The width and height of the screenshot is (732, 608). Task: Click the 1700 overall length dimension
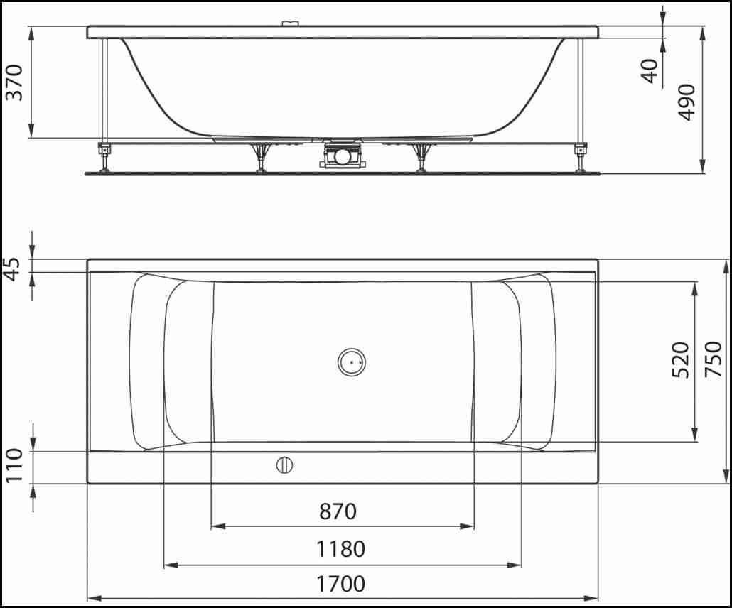click(x=342, y=584)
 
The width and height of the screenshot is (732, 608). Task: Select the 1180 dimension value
click(x=342, y=549)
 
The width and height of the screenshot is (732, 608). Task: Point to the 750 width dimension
click(x=713, y=359)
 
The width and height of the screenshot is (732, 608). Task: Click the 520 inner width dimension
click(x=680, y=359)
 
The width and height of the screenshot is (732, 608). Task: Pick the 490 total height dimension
click(x=687, y=102)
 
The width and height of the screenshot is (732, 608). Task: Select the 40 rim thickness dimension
click(x=650, y=71)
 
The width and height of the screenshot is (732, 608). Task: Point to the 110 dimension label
click(x=14, y=465)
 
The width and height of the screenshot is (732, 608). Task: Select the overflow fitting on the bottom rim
click(x=284, y=466)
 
